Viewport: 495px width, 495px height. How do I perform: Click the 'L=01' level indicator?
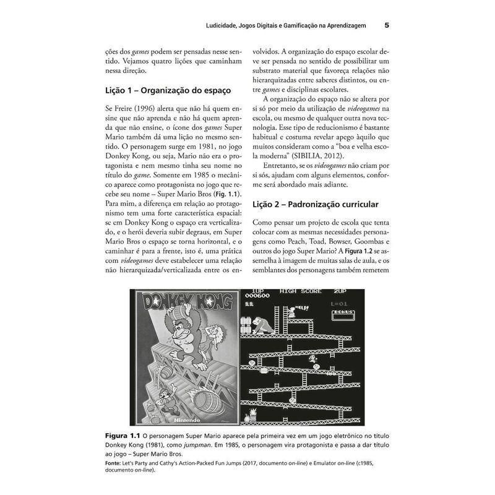point(340,304)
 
